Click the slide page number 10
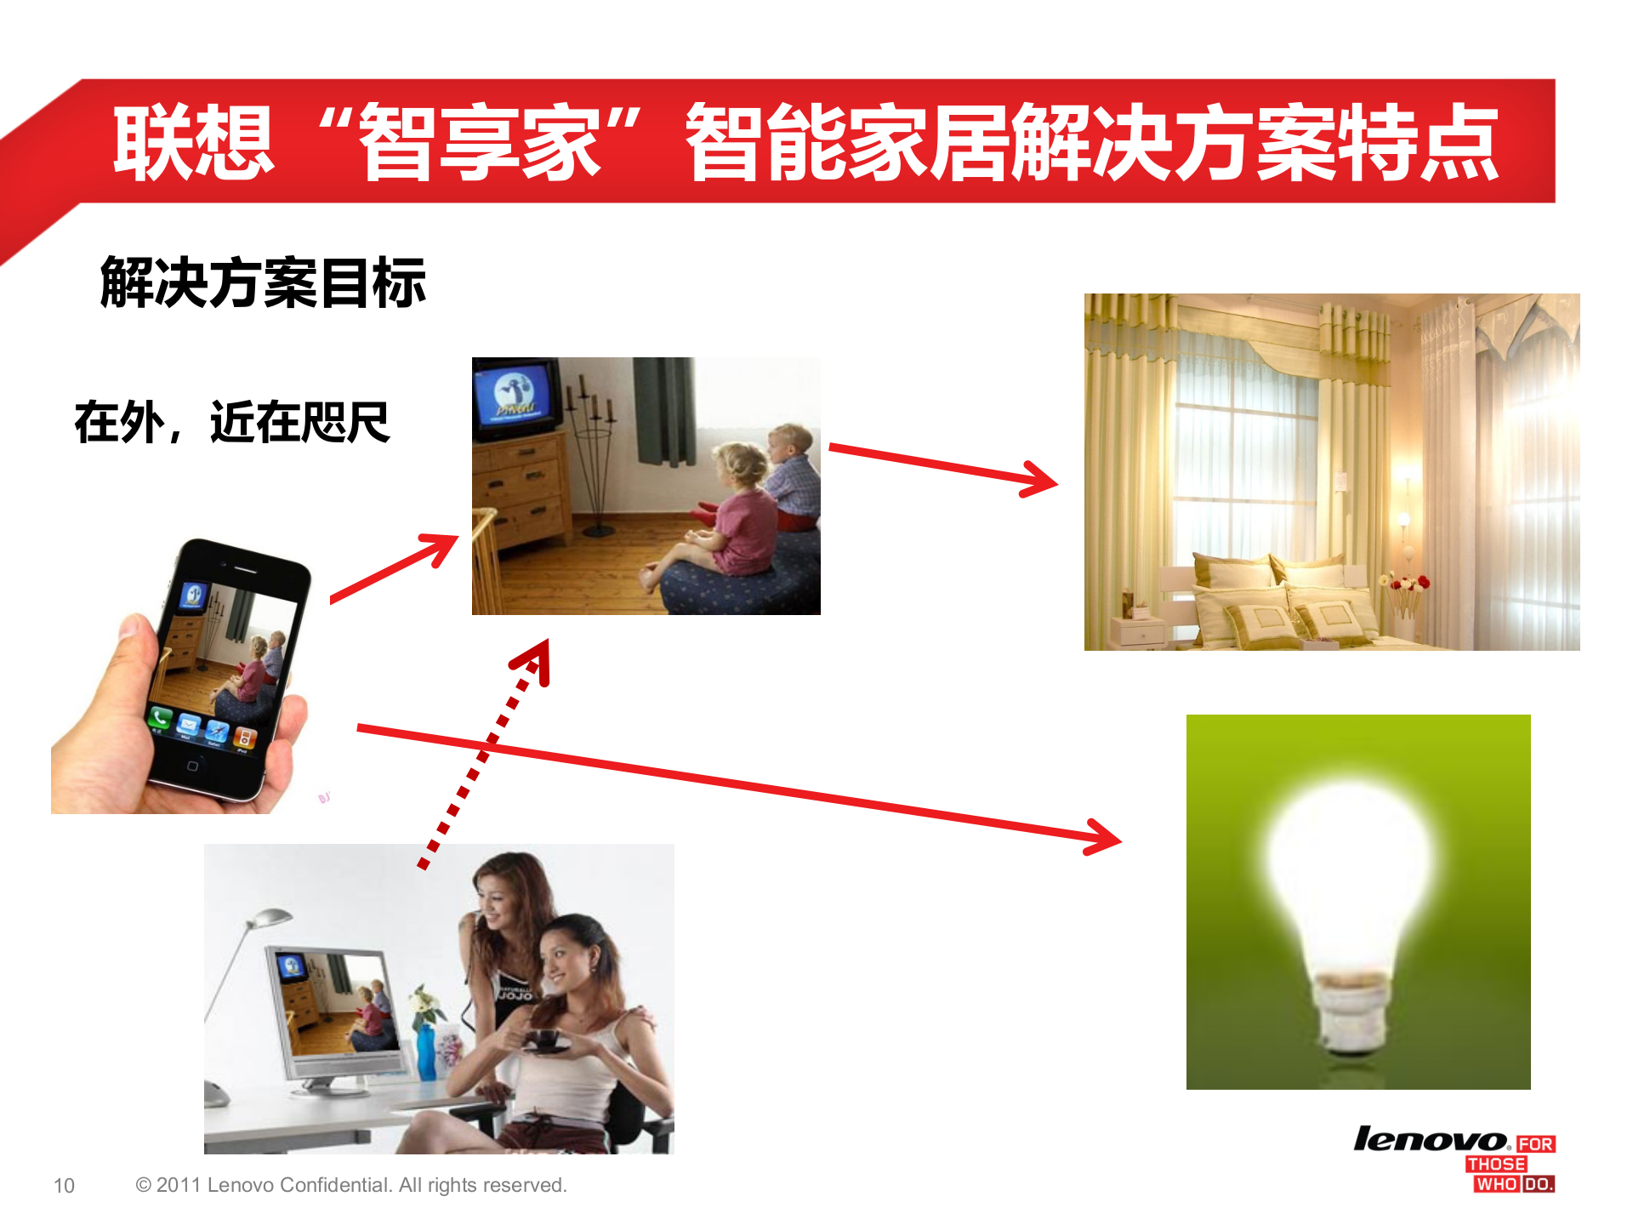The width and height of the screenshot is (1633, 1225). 64,1185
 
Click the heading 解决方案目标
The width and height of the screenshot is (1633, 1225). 263,282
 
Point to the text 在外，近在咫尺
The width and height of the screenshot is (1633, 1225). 232,422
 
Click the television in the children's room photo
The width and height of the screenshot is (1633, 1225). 516,396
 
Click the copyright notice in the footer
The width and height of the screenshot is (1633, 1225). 350,1185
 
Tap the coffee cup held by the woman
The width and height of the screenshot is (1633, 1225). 544,1040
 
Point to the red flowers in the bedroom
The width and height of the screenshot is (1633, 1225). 1408,584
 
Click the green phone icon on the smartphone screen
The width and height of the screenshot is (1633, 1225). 159,718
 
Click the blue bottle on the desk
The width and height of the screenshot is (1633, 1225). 425,1051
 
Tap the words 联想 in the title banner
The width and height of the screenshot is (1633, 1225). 194,142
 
